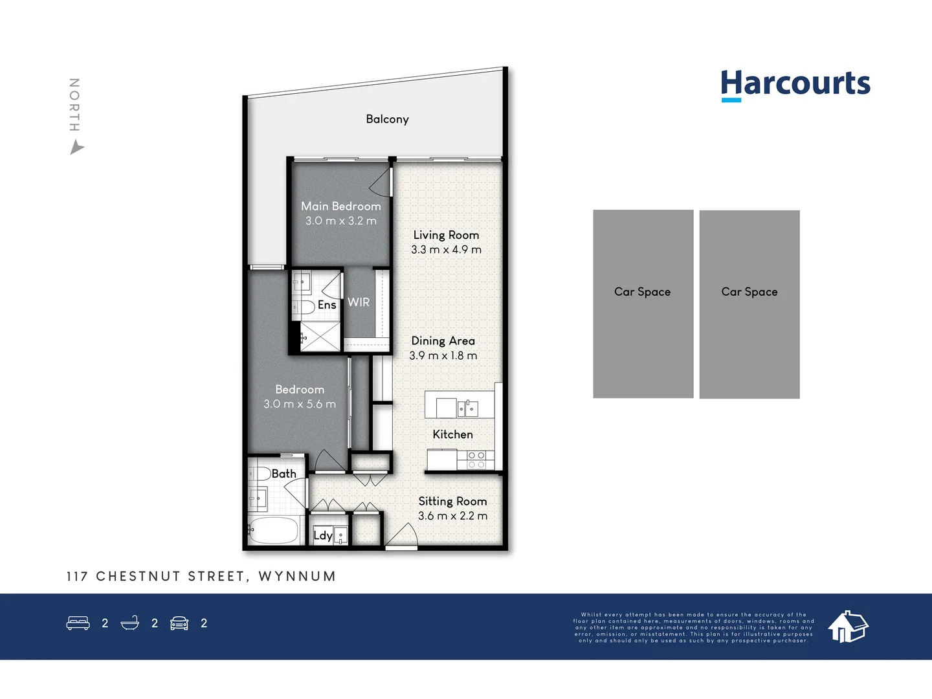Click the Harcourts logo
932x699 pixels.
pos(795,85)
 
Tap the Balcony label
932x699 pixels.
pos(387,119)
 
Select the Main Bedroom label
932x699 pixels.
pos(341,206)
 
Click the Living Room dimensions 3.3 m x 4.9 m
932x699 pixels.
pos(446,250)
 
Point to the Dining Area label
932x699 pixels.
pos(443,340)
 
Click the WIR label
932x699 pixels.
pos(359,302)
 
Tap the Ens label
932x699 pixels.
pos(327,305)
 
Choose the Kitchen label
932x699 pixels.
pos(452,434)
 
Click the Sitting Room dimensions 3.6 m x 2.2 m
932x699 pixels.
pos(452,516)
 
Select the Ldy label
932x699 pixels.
pos(322,535)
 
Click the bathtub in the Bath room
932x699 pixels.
pos(274,530)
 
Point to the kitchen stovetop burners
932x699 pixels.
pos(476,460)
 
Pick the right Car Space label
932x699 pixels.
pos(749,292)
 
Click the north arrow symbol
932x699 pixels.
pos(76,148)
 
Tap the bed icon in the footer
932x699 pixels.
pos(78,623)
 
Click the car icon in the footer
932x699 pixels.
pos(179,623)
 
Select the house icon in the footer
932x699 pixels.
pos(848,626)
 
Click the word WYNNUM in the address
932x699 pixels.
pos(297,576)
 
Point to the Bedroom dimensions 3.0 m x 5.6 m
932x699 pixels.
pos(300,405)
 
